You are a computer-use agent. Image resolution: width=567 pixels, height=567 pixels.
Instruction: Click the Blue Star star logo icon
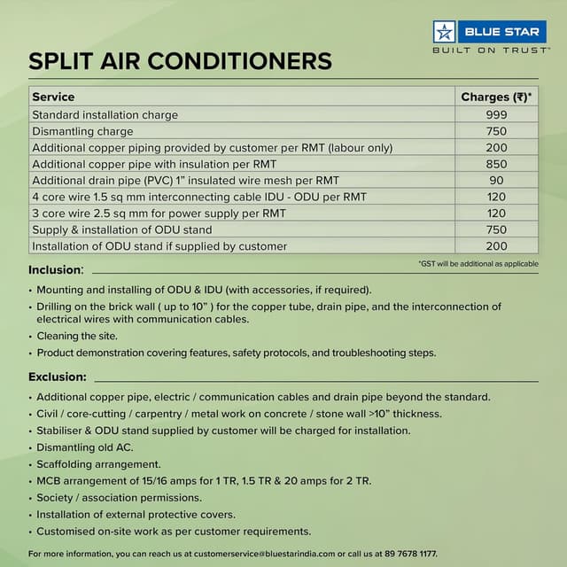pyautogui.click(x=445, y=31)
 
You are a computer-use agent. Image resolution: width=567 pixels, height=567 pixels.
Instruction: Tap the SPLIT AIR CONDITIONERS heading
pyautogui.click(x=180, y=60)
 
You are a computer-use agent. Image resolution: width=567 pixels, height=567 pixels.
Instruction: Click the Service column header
pyautogui.click(x=53, y=97)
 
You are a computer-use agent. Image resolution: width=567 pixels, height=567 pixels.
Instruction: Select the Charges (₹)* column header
pyautogui.click(x=496, y=97)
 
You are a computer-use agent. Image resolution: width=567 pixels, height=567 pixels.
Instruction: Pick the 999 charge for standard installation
pyautogui.click(x=496, y=115)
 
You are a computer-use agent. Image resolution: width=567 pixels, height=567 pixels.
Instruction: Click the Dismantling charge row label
pyautogui.click(x=82, y=131)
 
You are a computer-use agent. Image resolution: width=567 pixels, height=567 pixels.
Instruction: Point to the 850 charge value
pyautogui.click(x=496, y=164)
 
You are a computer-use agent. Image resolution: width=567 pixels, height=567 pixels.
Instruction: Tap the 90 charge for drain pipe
pyautogui.click(x=496, y=180)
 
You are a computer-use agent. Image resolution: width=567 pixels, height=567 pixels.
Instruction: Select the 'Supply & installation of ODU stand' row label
pyautogui.click(x=122, y=229)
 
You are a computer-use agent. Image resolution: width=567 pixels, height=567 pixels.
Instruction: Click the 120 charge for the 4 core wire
pyautogui.click(x=496, y=197)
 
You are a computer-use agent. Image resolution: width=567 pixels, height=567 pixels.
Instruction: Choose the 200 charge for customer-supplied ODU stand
pyautogui.click(x=496, y=245)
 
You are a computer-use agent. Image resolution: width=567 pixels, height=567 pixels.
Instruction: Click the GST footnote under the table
pyautogui.click(x=478, y=264)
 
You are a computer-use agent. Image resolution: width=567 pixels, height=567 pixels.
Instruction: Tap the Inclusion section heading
pyautogui.click(x=56, y=269)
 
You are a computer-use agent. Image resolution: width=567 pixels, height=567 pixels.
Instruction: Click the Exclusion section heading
pyautogui.click(x=58, y=377)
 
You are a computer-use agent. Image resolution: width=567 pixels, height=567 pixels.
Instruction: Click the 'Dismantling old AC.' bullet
pyautogui.click(x=85, y=447)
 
